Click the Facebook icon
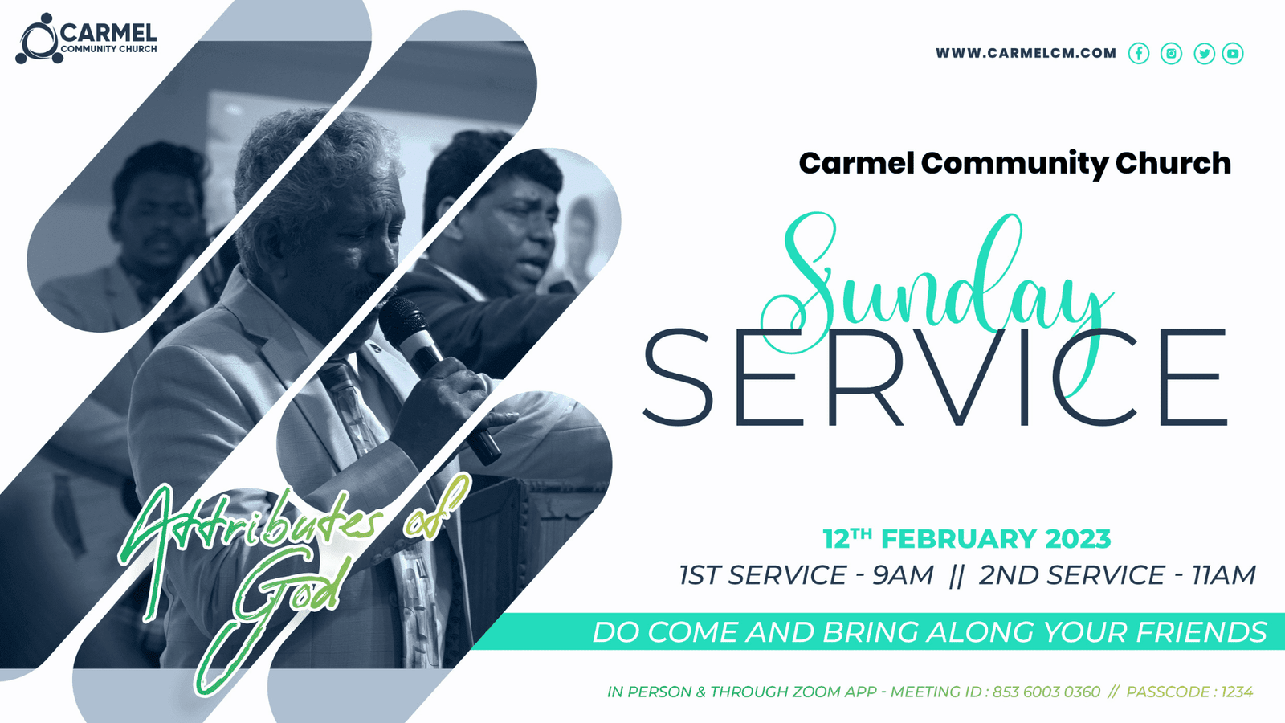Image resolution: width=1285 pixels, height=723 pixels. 1139,53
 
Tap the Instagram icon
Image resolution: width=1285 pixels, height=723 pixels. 1172,53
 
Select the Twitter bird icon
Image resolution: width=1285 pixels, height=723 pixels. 1204,53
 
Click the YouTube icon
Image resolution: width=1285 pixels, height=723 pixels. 1233,53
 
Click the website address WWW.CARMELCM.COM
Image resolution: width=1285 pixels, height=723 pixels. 1026,53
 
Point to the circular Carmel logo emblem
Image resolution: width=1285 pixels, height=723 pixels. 38,39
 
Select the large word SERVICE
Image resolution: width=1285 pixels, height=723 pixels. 935,377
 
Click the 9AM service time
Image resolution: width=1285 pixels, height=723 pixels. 903,575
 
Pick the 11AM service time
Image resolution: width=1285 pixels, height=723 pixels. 1224,575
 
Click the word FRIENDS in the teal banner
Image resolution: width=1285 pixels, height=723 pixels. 1201,631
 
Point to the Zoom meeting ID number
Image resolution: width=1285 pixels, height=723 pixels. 1046,692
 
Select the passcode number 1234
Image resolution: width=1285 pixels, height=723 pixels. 1237,692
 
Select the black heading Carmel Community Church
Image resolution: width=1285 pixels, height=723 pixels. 1015,164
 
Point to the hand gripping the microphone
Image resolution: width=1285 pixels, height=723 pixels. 445,405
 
